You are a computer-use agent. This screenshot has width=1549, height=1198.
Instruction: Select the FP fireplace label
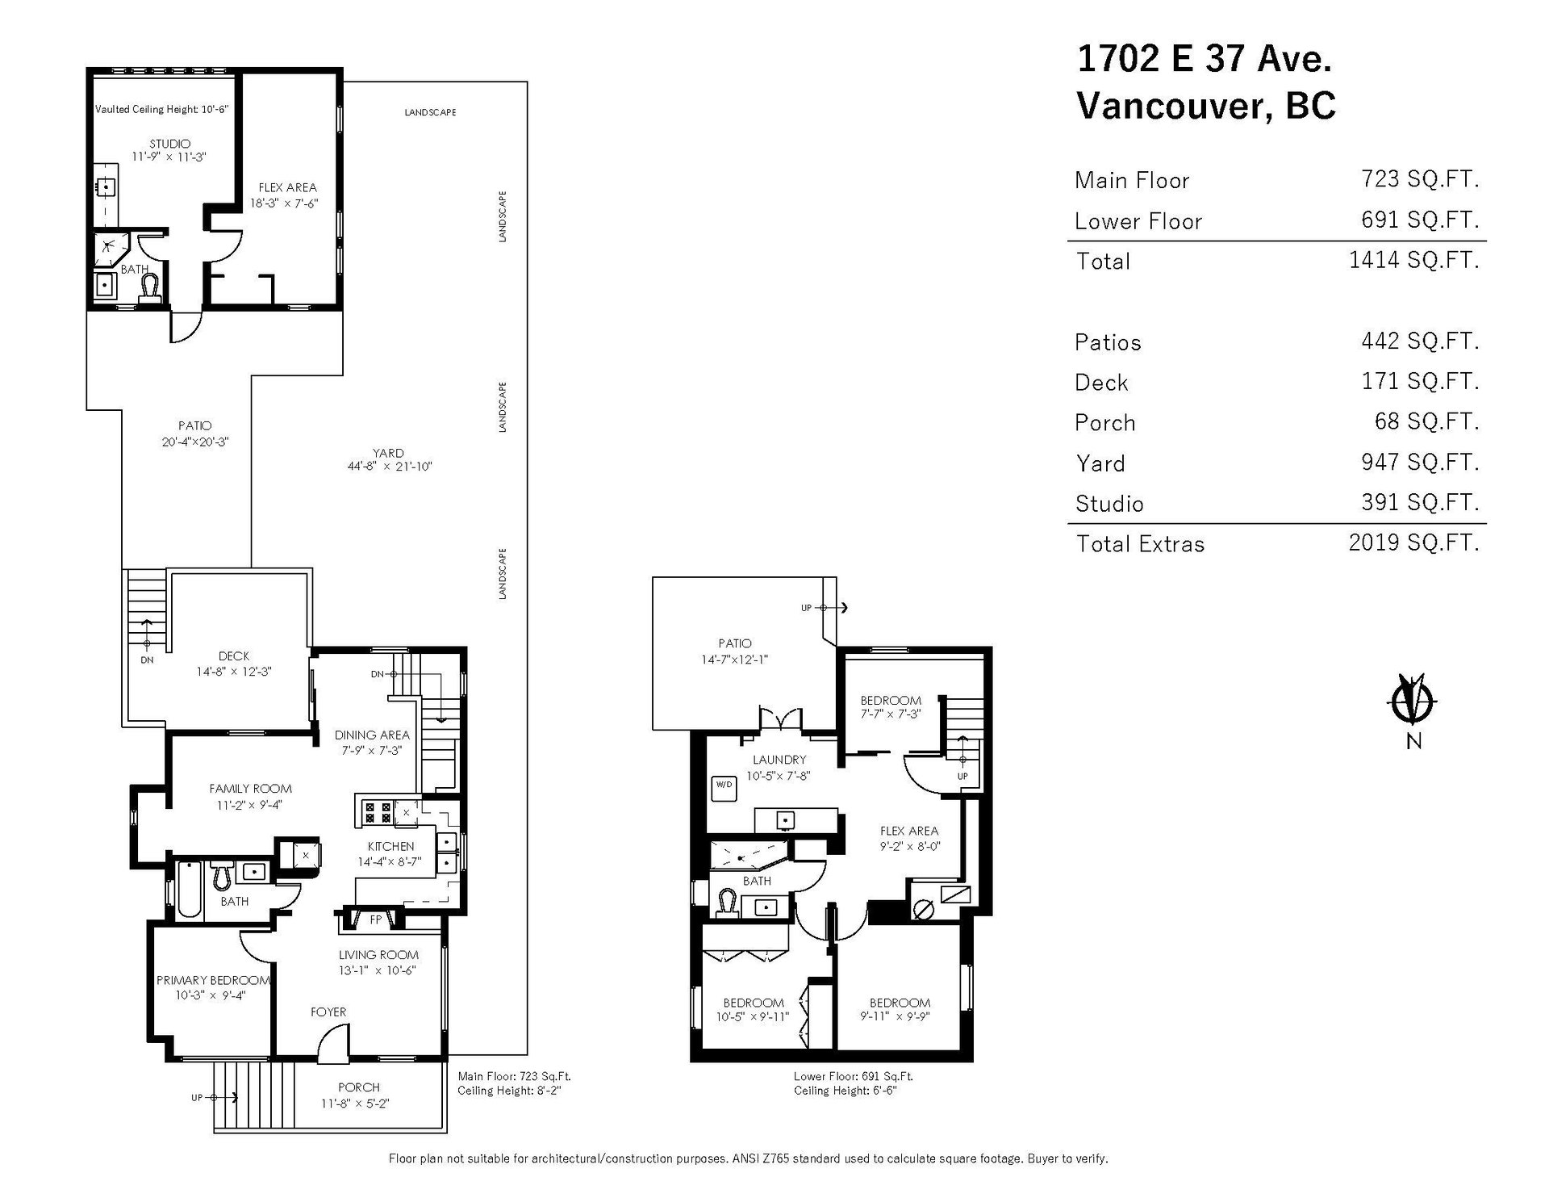(x=375, y=919)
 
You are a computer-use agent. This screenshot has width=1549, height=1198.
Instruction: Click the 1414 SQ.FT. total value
(x=1413, y=260)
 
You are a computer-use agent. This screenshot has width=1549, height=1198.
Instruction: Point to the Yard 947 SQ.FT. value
(x=1420, y=462)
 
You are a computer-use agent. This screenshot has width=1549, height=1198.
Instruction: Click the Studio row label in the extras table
(x=1109, y=504)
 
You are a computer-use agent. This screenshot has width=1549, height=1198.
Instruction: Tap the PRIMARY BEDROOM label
(x=213, y=980)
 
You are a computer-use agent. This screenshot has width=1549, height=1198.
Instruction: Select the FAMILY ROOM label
(x=250, y=789)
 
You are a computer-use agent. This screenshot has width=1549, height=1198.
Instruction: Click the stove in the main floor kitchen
(x=377, y=811)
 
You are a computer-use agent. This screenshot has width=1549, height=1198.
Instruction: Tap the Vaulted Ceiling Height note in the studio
(x=163, y=109)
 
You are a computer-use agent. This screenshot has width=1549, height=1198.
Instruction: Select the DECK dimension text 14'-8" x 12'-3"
(x=234, y=671)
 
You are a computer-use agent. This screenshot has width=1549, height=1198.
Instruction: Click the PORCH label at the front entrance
(x=358, y=1087)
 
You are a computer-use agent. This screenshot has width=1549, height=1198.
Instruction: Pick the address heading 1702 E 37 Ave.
(x=1205, y=58)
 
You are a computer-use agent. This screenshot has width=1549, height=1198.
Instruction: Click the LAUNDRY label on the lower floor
(x=779, y=760)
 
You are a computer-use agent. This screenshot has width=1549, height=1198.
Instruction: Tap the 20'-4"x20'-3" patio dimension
(x=195, y=442)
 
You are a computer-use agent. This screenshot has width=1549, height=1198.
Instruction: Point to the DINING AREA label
(x=372, y=735)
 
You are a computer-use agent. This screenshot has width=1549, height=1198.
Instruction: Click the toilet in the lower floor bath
(x=728, y=903)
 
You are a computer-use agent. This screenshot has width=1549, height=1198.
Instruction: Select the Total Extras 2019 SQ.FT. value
(x=1413, y=542)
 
